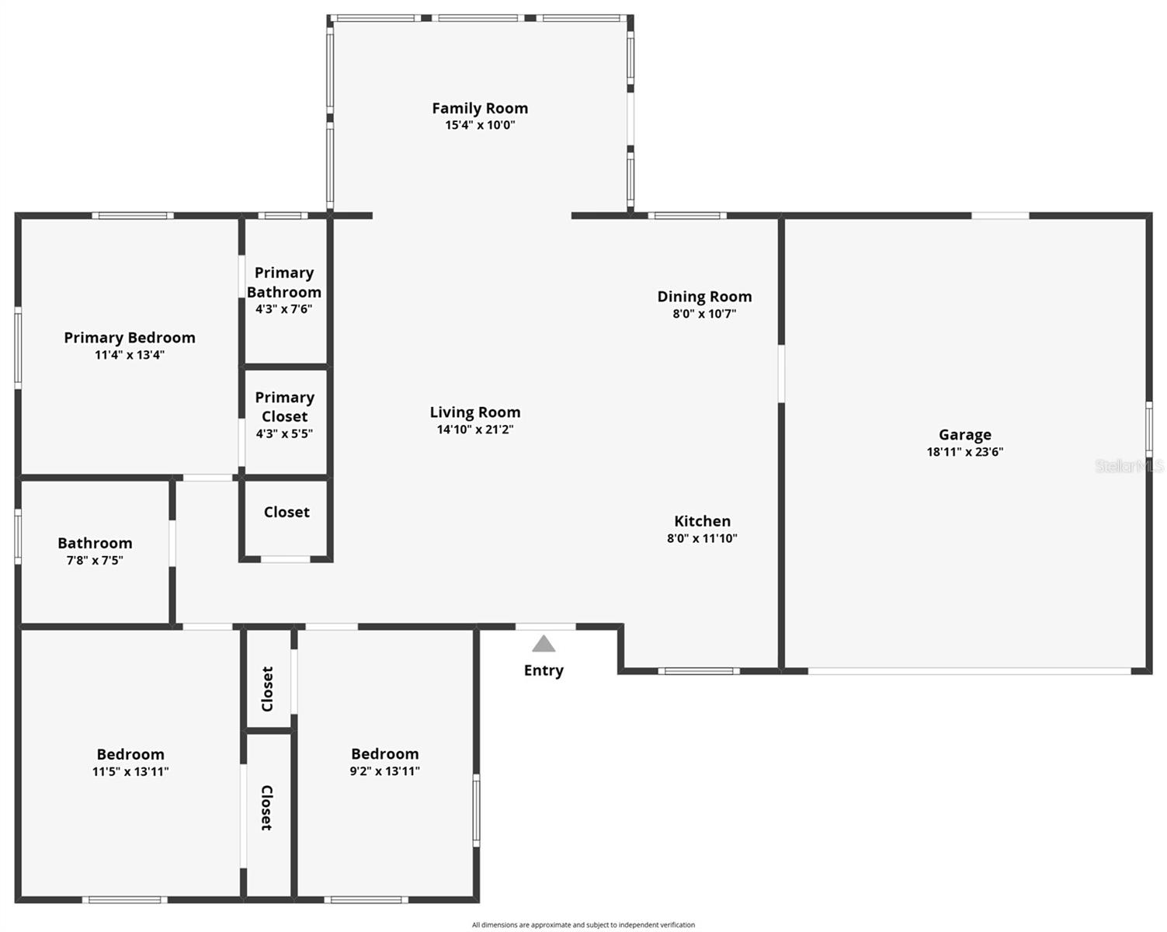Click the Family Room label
[479, 109]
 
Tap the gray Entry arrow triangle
[544, 644]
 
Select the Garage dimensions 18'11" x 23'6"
[964, 452]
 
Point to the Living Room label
[474, 412]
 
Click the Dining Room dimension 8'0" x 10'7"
[704, 314]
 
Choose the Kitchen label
[702, 521]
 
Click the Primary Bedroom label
[130, 338]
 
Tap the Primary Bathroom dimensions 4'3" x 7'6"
[284, 309]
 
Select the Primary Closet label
[284, 407]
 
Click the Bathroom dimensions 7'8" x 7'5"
[95, 560]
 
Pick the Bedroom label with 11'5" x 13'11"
[130, 754]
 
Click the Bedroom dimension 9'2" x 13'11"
[385, 771]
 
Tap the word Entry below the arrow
[544, 670]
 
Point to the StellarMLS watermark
[1129, 466]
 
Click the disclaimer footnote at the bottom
[583, 925]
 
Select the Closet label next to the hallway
[287, 512]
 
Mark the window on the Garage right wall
[1149, 429]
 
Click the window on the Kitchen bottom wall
[699, 671]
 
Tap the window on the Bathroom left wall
[18, 536]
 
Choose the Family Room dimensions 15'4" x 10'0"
[479, 125]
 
